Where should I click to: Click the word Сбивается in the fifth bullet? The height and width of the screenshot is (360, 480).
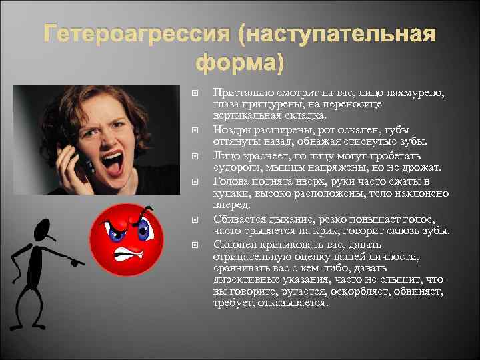pos(237,218)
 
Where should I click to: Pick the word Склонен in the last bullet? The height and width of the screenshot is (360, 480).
pos(234,243)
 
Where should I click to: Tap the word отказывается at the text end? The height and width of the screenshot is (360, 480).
pos(295,303)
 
